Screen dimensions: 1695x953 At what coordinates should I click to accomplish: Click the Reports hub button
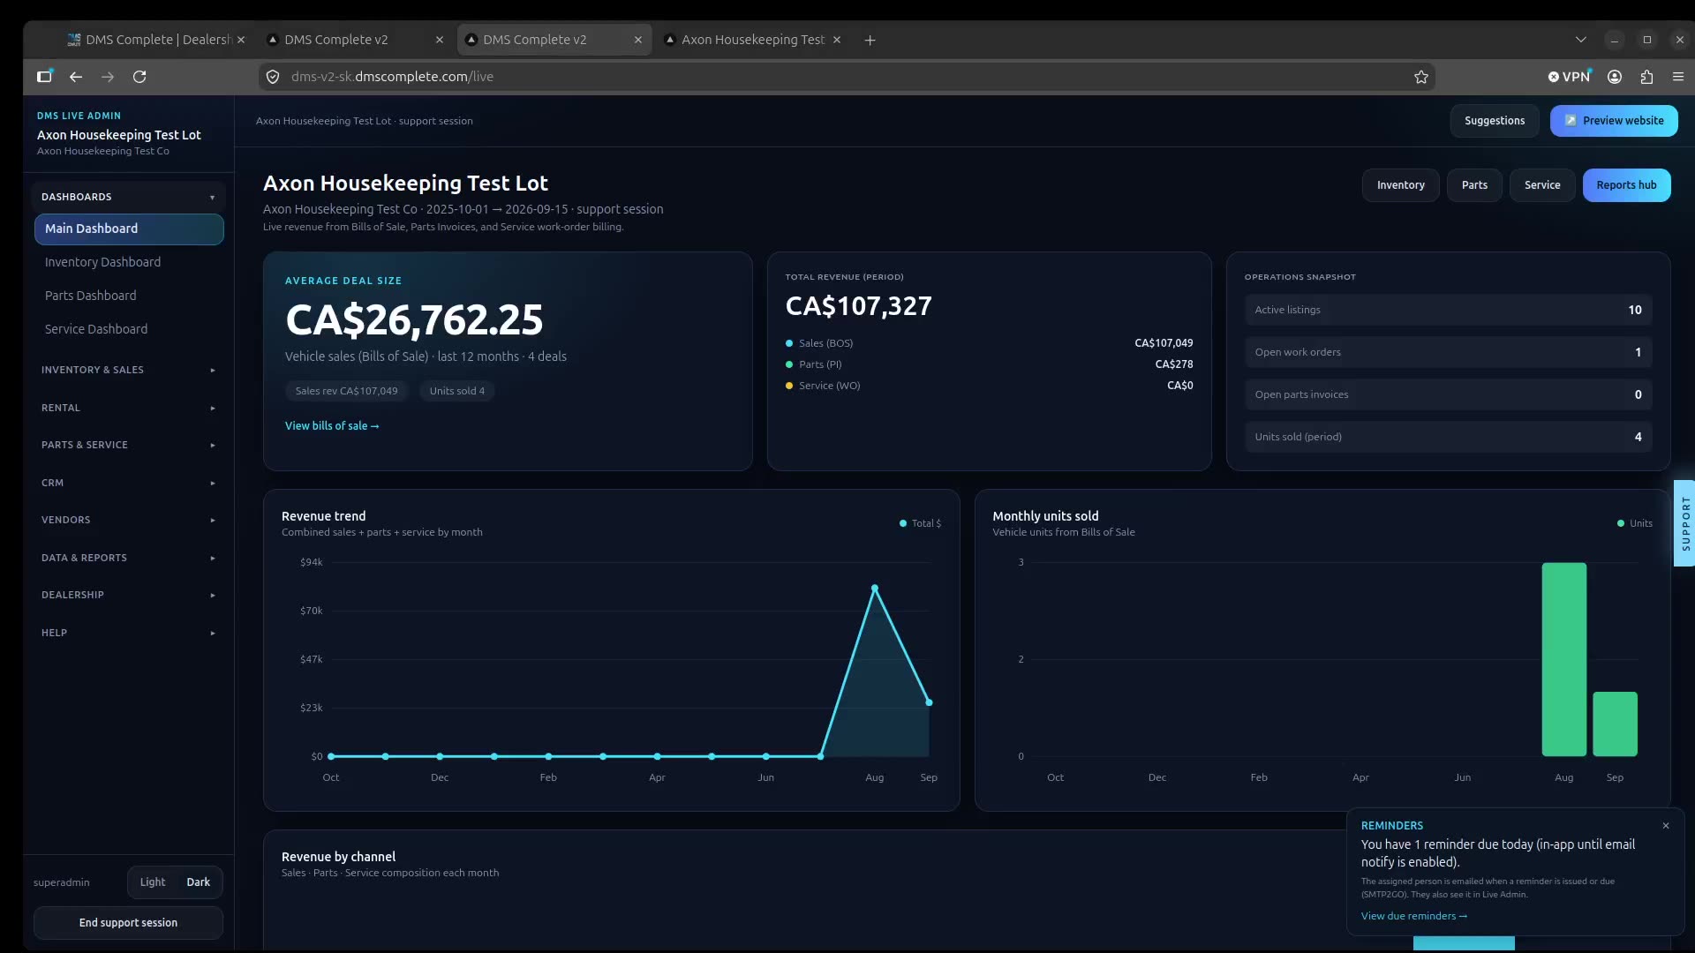(1626, 185)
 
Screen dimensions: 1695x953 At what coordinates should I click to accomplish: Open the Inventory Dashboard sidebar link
(102, 262)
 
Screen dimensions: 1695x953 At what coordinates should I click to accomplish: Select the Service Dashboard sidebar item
(96, 329)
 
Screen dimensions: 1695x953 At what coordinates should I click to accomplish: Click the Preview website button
(1614, 121)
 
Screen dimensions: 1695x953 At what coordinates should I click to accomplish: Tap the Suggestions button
(1495, 121)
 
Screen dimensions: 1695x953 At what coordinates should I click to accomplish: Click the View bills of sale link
(332, 426)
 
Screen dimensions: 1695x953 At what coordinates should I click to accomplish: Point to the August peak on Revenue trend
(875, 588)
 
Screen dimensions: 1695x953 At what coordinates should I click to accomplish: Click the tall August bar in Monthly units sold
(1564, 659)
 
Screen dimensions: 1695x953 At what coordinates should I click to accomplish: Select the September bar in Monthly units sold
(1616, 724)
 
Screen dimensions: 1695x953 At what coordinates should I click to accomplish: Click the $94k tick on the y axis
(312, 562)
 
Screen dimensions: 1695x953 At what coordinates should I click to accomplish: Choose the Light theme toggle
(153, 882)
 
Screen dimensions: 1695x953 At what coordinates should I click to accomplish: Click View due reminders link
(1414, 916)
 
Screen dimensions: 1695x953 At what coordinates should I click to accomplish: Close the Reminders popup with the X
(1666, 826)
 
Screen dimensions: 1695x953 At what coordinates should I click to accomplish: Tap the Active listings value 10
(1635, 310)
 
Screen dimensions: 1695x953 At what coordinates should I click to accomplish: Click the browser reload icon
(139, 77)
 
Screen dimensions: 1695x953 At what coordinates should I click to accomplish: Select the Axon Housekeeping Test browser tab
(753, 40)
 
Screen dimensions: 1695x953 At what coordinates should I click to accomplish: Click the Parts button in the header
(1474, 185)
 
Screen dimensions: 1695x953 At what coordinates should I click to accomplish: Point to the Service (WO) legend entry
(823, 386)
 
